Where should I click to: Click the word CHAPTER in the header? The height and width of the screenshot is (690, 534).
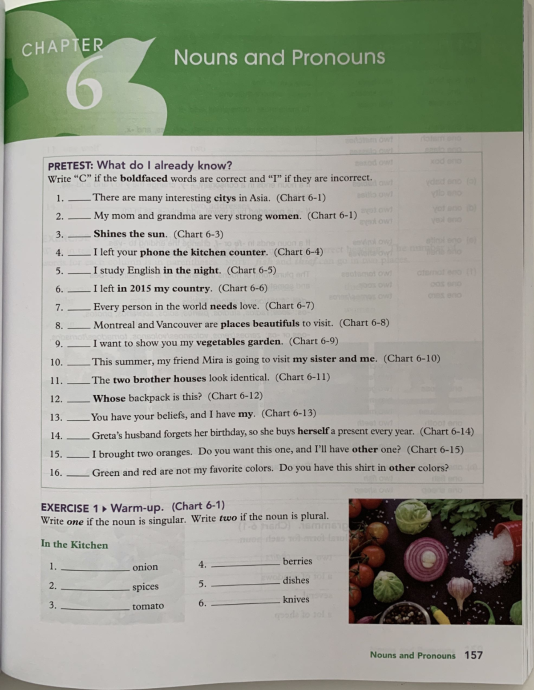click(63, 47)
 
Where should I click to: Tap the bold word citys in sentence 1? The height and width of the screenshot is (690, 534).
click(225, 198)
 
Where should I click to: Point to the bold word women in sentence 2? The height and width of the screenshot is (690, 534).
click(282, 217)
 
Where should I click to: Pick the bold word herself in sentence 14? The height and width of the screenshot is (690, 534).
click(313, 431)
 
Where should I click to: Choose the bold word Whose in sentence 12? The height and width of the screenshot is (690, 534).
click(109, 398)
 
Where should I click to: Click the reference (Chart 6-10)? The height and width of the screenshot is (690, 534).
click(412, 358)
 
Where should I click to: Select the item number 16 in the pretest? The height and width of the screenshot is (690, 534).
click(56, 473)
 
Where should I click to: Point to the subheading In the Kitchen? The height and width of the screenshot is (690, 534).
click(74, 545)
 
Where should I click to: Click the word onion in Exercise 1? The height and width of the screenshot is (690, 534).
click(145, 567)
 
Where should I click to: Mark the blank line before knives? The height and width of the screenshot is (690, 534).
click(246, 602)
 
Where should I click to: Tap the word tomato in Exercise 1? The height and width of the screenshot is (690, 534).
click(148, 606)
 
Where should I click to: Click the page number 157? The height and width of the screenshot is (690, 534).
click(473, 655)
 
